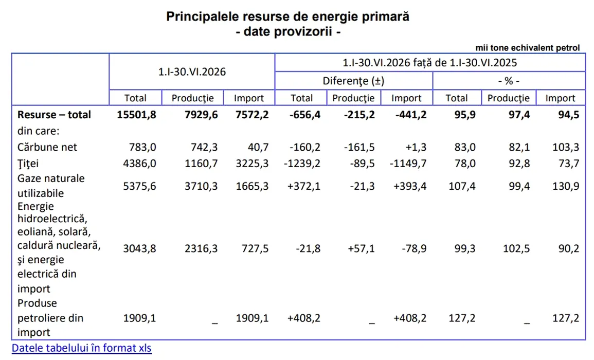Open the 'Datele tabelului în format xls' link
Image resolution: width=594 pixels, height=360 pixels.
[x=81, y=348]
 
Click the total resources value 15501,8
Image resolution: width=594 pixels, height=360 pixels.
[x=136, y=115]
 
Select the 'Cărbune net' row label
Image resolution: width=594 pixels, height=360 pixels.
[x=47, y=147]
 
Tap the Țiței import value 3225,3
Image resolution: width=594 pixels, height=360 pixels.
[x=253, y=164]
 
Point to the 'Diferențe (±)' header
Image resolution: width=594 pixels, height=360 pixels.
[x=353, y=81]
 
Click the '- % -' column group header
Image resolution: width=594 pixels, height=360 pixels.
[x=509, y=81]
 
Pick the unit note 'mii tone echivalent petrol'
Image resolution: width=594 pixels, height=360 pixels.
[x=528, y=48]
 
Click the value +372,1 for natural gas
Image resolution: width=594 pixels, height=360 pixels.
[x=304, y=186]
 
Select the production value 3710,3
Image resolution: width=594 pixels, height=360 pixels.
[x=201, y=186]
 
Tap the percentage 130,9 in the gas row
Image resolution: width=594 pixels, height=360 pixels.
[x=566, y=186]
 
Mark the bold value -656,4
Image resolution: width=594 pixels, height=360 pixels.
[x=305, y=115]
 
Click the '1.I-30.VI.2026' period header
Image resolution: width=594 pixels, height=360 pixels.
[x=192, y=71]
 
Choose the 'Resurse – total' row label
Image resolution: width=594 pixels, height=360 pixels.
[x=54, y=115]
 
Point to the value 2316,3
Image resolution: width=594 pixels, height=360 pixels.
[x=201, y=248]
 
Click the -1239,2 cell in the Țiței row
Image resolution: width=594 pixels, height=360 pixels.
[x=302, y=164]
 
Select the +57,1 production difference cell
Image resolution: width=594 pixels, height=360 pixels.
[x=361, y=248]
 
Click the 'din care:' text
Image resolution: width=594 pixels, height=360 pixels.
[x=38, y=131]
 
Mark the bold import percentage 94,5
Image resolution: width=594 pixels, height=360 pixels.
[x=569, y=115]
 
